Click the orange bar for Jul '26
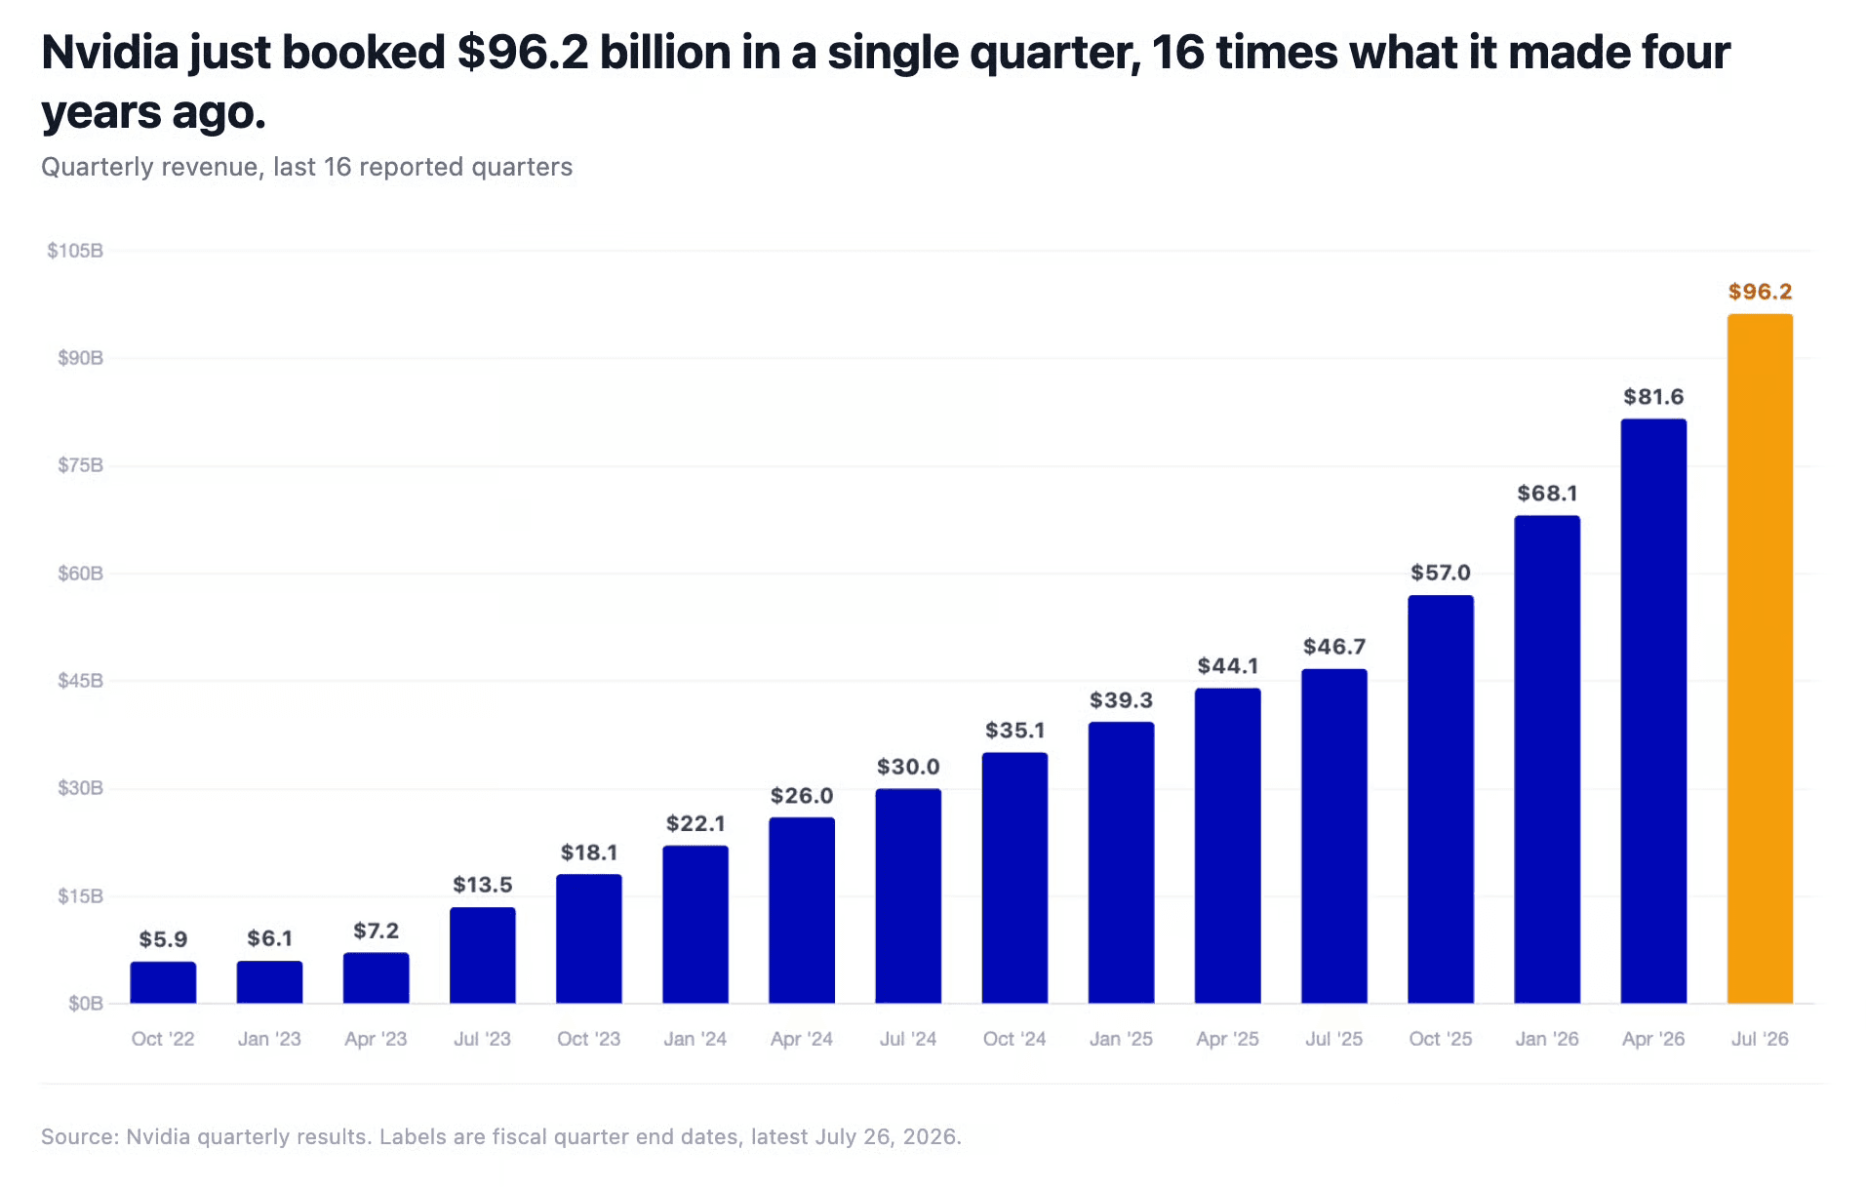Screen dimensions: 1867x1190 pyautogui.click(x=1760, y=658)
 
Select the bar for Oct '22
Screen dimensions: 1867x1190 pyautogui.click(x=163, y=982)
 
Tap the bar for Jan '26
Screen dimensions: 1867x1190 pyautogui.click(x=1547, y=759)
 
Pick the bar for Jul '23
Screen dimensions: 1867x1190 pyautogui.click(x=482, y=955)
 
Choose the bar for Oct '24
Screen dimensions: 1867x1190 pyautogui.click(x=1014, y=878)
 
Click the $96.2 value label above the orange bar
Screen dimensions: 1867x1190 pyautogui.click(x=1760, y=292)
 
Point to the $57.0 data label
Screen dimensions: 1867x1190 pyautogui.click(x=1441, y=573)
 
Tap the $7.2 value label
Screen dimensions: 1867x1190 pyautogui.click(x=376, y=931)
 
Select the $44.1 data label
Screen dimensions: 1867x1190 pyautogui.click(x=1228, y=666)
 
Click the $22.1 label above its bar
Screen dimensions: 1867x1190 pyautogui.click(x=695, y=823)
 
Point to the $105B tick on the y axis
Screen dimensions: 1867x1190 pyautogui.click(x=75, y=251)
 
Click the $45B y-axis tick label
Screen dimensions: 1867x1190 pyautogui.click(x=80, y=680)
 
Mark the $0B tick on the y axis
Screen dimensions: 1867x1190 pyautogui.click(x=86, y=1003)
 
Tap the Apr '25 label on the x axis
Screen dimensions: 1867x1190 pyautogui.click(x=1228, y=1039)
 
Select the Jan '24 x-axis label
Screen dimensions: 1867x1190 pyautogui.click(x=695, y=1039)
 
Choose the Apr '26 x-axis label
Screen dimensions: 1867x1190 pyautogui.click(x=1653, y=1039)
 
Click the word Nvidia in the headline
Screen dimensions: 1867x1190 pyautogui.click(x=109, y=53)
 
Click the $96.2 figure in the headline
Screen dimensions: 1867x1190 pyautogui.click(x=523, y=53)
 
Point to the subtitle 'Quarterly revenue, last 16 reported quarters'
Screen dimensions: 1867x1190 pyautogui.click(x=306, y=168)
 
